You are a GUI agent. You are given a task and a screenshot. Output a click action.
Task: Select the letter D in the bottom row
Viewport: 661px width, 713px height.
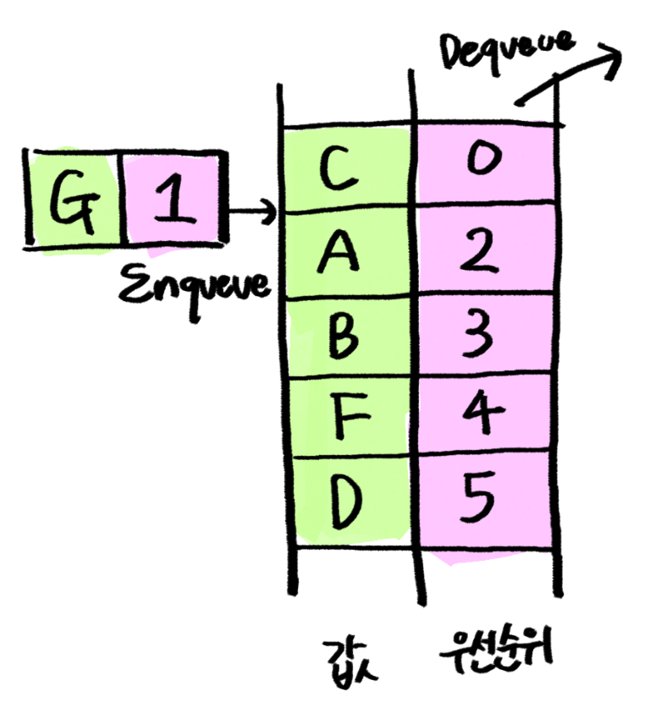pyautogui.click(x=343, y=499)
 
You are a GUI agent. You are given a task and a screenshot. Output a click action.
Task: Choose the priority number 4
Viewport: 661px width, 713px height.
pyautogui.click(x=484, y=414)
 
